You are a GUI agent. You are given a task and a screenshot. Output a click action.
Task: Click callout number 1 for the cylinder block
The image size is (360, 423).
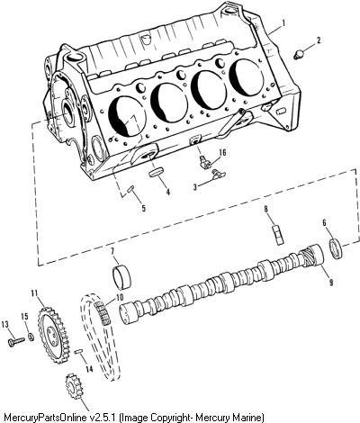(283, 22)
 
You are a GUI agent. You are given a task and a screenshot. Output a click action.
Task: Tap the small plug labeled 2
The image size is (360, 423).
(299, 55)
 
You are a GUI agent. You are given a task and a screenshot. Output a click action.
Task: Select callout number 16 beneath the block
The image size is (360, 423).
(222, 153)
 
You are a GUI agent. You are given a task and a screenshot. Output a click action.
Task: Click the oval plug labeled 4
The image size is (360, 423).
(157, 173)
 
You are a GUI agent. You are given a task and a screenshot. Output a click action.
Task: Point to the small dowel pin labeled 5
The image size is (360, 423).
(131, 190)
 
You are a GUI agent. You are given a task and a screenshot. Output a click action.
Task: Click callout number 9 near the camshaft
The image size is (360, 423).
(331, 282)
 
